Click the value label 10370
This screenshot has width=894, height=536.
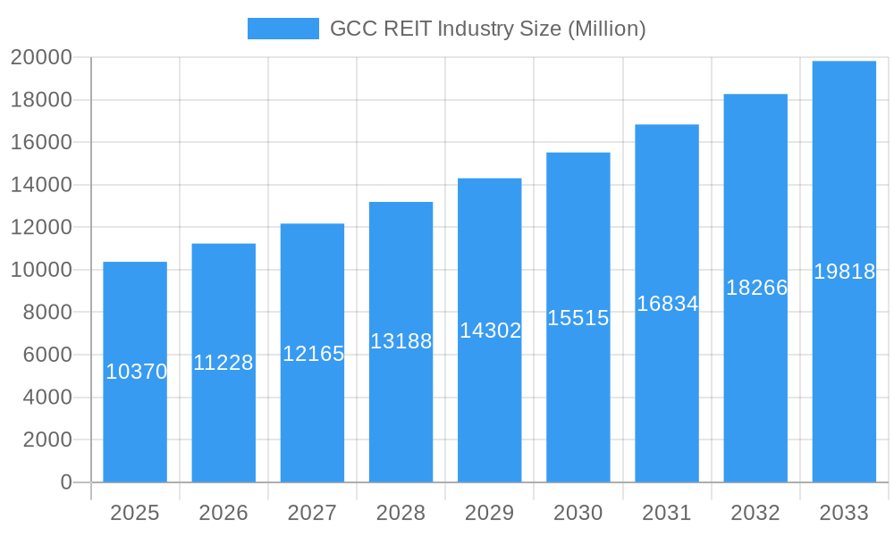coord(136,372)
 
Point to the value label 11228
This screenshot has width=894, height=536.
coord(223,363)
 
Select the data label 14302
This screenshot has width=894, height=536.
coord(490,331)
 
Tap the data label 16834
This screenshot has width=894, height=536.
coord(667,304)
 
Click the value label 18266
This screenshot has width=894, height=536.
coord(756,288)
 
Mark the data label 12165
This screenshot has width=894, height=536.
coord(313,354)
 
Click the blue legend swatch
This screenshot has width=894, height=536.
coord(283,29)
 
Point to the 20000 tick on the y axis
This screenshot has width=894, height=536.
coord(41,58)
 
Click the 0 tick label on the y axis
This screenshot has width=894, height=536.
coord(65,482)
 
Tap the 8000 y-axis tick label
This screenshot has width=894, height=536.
coord(46,313)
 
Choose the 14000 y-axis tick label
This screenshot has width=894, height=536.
coord(41,185)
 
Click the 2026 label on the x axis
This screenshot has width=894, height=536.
coord(223,513)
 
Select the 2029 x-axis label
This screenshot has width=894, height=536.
coord(490,513)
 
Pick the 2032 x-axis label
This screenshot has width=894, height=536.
coord(755,513)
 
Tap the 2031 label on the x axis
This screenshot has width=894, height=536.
coord(667,513)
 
